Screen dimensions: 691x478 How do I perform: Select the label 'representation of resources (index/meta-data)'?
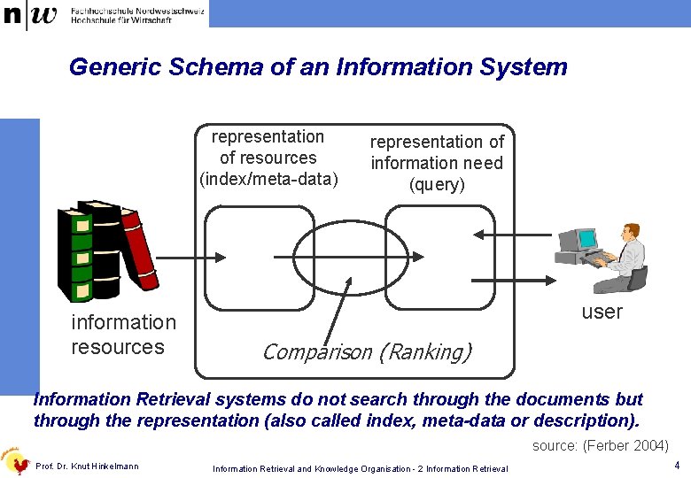point(268,158)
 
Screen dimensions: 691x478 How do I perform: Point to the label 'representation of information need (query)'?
point(437,163)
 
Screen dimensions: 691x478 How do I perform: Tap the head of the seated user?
point(630,232)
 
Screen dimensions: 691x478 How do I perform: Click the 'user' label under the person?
point(602,312)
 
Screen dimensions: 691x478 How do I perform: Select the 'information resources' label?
point(123,335)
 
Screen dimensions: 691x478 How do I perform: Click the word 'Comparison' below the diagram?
point(317,351)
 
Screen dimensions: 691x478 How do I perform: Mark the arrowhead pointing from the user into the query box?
point(479,235)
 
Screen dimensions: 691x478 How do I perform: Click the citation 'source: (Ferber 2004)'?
point(600,446)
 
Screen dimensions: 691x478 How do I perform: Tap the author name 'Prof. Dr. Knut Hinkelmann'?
point(87,466)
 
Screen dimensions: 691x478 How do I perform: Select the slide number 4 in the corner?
point(676,466)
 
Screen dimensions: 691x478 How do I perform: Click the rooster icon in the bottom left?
point(15,459)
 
